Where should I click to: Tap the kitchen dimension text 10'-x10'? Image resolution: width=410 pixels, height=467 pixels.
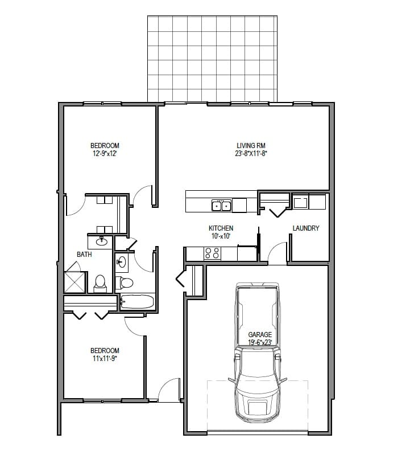click(x=221, y=236)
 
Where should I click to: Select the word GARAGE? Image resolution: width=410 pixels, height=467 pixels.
click(x=260, y=335)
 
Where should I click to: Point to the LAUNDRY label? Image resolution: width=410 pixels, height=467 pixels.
click(x=305, y=228)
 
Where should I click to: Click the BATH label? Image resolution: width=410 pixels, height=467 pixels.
click(x=84, y=255)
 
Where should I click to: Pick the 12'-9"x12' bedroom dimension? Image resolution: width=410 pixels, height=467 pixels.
click(x=105, y=153)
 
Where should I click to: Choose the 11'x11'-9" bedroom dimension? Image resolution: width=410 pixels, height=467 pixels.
click(x=105, y=358)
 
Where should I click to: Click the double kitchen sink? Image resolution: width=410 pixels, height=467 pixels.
click(x=221, y=205)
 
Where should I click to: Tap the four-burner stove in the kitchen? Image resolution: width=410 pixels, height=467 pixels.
click(x=212, y=253)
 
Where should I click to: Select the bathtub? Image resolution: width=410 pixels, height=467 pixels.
click(x=137, y=301)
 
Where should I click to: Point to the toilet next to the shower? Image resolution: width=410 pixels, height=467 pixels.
click(x=100, y=283)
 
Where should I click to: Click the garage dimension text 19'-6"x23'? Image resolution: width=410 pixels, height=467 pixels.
click(x=260, y=342)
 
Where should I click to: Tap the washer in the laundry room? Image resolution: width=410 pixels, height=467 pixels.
click(x=300, y=202)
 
